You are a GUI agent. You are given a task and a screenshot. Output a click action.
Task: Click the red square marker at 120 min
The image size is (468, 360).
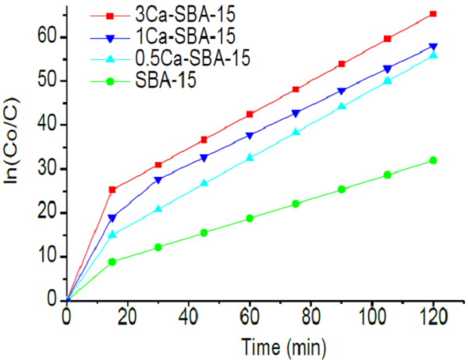coord(433,14)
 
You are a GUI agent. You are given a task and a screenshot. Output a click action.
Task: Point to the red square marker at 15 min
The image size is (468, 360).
coord(112,189)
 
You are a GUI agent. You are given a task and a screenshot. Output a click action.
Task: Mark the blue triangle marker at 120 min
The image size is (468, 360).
coord(433,47)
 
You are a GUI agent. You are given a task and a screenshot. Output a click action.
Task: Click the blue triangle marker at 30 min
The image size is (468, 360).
coord(158,180)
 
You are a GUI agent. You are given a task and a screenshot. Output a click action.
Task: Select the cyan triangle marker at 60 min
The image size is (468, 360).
coord(250,157)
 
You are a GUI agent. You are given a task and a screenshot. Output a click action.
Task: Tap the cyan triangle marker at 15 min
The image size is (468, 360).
coord(112,234)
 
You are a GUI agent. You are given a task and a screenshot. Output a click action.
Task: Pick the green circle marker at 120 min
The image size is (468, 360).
coord(433,161)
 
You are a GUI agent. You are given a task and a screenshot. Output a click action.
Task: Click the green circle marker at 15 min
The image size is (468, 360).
coord(112,262)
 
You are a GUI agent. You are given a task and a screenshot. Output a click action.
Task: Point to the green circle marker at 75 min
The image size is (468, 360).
coord(296,204)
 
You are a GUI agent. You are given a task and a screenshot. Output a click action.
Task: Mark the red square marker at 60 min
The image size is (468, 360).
coord(250,115)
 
